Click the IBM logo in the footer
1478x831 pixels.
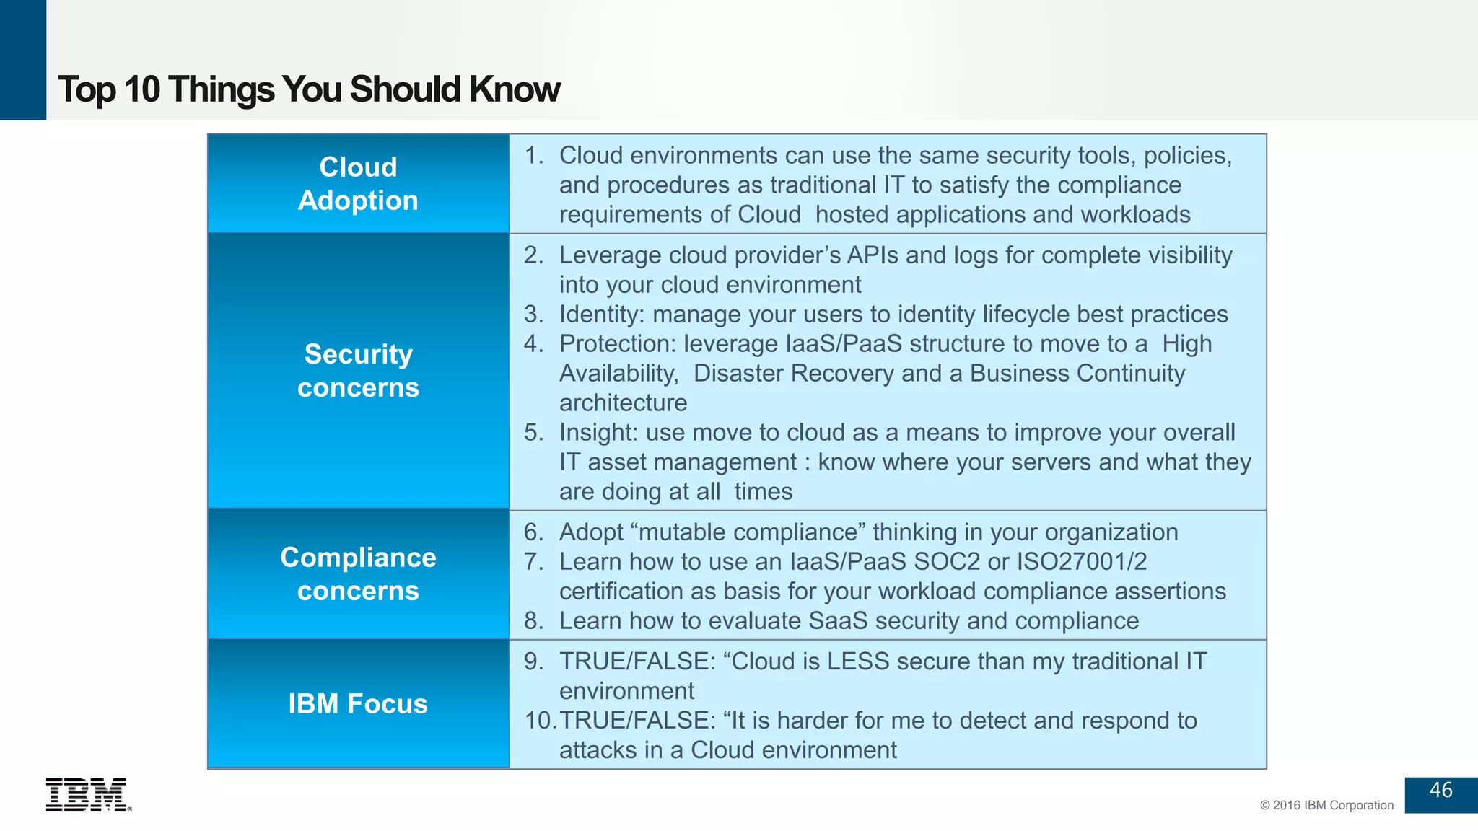click(x=87, y=794)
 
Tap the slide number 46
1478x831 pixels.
click(x=1440, y=790)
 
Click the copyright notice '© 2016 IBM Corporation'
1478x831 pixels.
click(x=1326, y=805)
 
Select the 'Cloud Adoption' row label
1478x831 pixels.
click(x=358, y=184)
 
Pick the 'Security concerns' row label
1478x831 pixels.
click(x=358, y=371)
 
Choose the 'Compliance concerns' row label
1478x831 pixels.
click(x=358, y=574)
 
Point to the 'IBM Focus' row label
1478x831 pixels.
click(x=358, y=704)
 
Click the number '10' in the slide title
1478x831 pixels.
click(x=141, y=89)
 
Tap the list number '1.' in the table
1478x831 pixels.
click(x=534, y=155)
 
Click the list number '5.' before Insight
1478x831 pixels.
click(x=534, y=432)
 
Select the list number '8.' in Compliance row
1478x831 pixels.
click(x=534, y=620)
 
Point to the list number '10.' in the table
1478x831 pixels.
click(x=540, y=720)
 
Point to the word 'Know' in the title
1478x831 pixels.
click(x=515, y=89)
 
